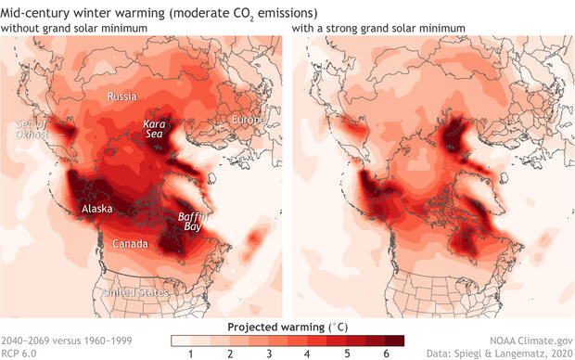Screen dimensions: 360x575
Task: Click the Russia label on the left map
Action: (121, 97)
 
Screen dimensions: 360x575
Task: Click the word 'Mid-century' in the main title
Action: (32, 12)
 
